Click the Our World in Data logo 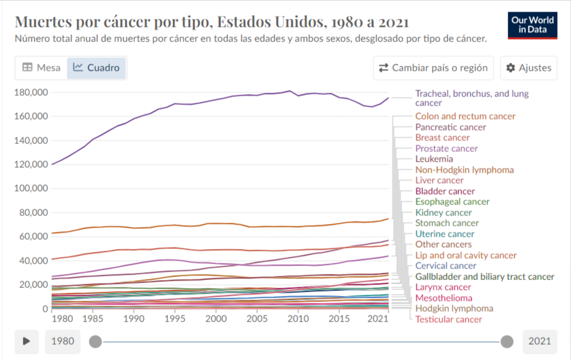tap(533, 26)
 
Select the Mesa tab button tap(41, 68)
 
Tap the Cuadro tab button tap(96, 68)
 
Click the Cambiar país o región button tap(434, 68)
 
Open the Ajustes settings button tap(529, 68)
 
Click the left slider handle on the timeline tap(95, 342)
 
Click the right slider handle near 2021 tap(507, 342)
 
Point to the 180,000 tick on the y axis tap(31, 93)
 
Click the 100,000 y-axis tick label tap(31, 188)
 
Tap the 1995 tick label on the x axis tap(175, 319)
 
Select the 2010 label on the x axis tap(298, 319)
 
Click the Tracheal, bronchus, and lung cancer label tap(472, 98)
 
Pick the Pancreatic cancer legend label tap(451, 127)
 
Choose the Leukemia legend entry tap(434, 159)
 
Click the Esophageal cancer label tap(453, 201)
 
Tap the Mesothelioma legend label tap(444, 298)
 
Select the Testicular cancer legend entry tap(449, 320)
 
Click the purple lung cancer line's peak tap(289, 91)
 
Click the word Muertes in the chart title tap(43, 22)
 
